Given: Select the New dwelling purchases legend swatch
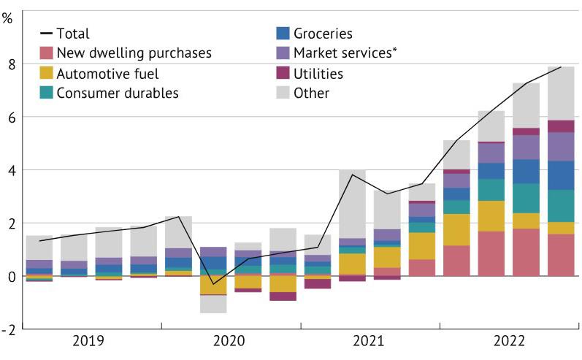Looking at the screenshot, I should (x=45, y=53).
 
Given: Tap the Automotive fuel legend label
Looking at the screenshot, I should (x=107, y=73).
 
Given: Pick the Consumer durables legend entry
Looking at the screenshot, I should (x=117, y=93).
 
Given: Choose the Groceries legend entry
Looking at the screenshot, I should (x=323, y=34).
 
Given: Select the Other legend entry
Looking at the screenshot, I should (x=311, y=93).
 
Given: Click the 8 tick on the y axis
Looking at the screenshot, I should (x=12, y=64).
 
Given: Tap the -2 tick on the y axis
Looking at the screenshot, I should (x=9, y=329).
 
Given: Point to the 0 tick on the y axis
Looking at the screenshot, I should (x=12, y=276).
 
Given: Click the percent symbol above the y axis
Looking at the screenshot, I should (x=8, y=18).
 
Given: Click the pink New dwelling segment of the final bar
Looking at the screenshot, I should (x=561, y=255).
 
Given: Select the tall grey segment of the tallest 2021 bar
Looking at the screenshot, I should (x=352, y=204).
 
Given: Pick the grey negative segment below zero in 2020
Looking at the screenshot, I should (x=213, y=304).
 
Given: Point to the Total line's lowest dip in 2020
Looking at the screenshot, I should (x=213, y=284).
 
